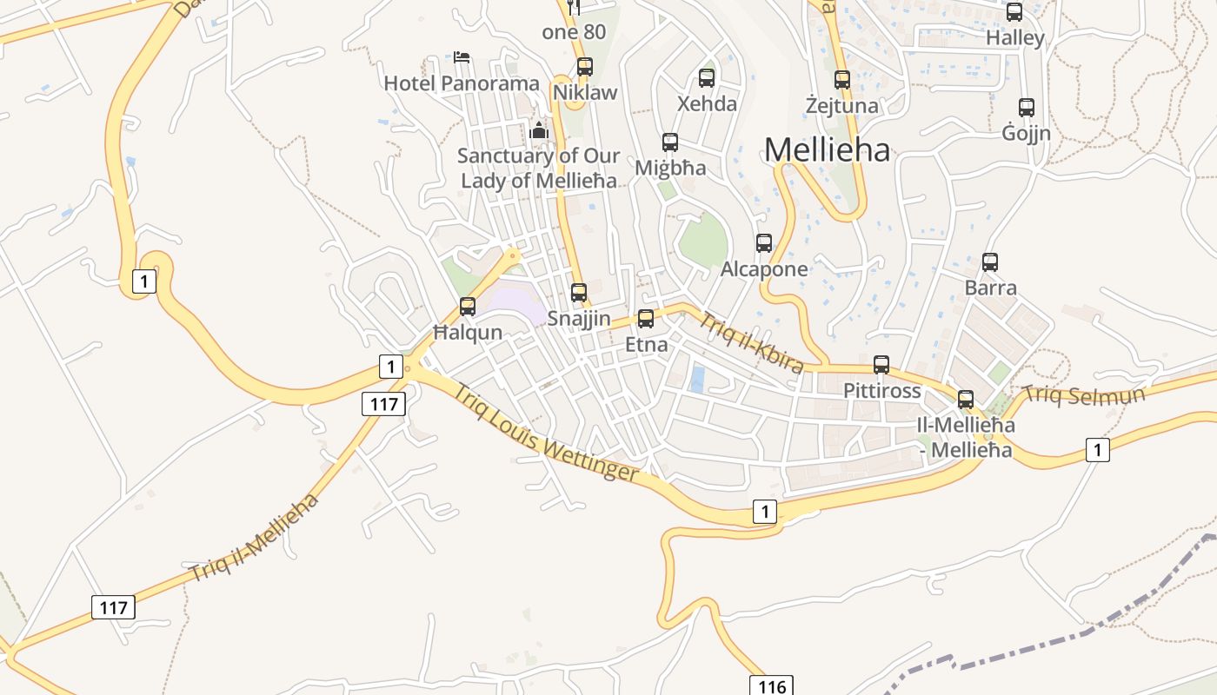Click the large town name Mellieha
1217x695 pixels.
coord(827,150)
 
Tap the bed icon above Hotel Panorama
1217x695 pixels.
coord(462,57)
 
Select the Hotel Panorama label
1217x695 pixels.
coord(462,83)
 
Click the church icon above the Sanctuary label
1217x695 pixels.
coord(539,131)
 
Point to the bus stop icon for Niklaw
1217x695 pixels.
coord(585,67)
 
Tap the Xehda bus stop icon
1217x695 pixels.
coord(707,78)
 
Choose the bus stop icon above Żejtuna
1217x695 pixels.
coord(841,80)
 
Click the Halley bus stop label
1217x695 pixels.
coord(1014,38)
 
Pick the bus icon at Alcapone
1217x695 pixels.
coord(764,243)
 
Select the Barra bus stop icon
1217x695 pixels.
coord(989,261)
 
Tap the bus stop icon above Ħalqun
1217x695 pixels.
coord(468,307)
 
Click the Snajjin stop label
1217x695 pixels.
coord(579,318)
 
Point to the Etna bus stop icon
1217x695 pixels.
coord(646,319)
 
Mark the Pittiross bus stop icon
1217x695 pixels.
coord(881,365)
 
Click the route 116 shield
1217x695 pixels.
coord(771,686)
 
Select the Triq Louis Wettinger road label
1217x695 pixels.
coord(546,433)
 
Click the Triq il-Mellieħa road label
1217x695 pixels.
coord(255,537)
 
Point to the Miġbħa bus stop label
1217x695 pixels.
coord(670,168)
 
